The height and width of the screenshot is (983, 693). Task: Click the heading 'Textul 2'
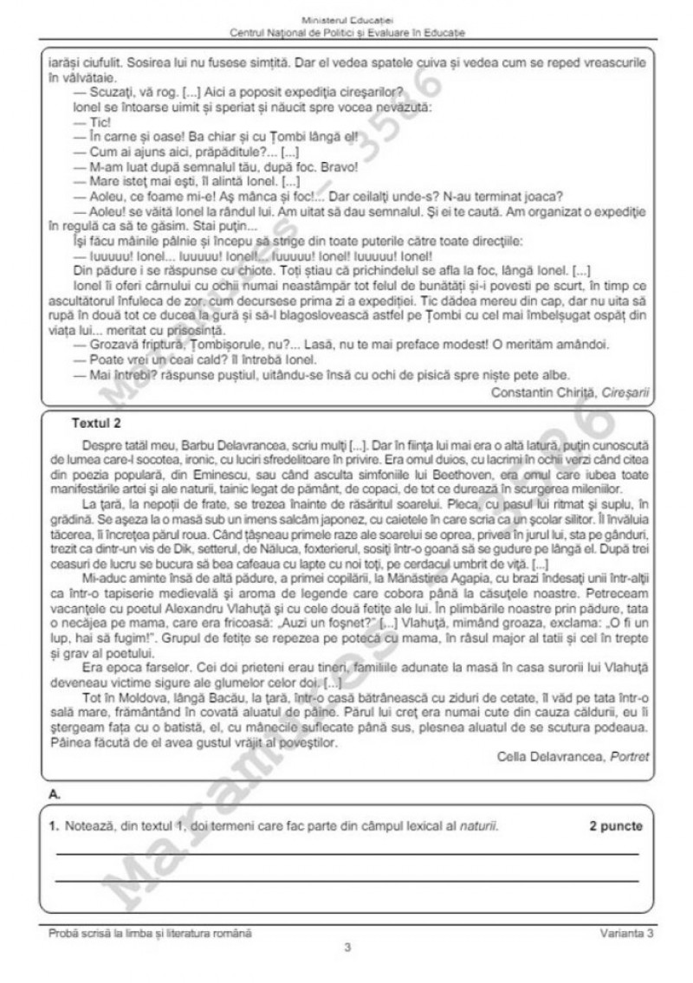click(x=96, y=424)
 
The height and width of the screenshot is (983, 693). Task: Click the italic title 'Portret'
click(x=629, y=756)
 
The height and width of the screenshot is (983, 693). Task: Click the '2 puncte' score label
click(x=616, y=825)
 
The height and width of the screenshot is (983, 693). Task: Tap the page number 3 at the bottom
click(x=346, y=947)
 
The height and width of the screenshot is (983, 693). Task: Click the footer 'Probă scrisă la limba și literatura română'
click(x=151, y=932)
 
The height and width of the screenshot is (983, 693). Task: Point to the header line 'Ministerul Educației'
click(x=346, y=19)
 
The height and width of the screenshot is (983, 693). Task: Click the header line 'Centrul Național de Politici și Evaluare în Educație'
click(x=346, y=32)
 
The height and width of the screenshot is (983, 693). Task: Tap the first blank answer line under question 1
click(x=346, y=854)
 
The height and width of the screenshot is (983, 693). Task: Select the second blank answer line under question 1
click(x=346, y=881)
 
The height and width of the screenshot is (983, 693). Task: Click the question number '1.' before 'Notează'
click(x=55, y=825)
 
